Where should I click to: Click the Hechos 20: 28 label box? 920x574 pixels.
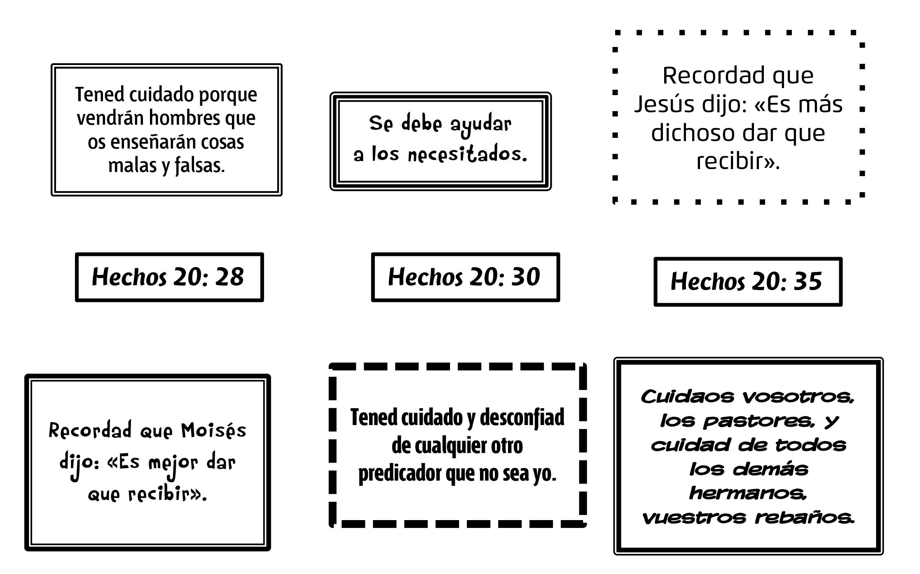[169, 277]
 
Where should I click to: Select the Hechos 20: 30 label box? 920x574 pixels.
[465, 277]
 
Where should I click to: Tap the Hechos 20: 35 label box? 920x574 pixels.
[748, 281]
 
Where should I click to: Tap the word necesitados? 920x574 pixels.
[467, 155]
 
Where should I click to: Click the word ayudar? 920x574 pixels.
[480, 123]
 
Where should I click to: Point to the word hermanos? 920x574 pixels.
[748, 493]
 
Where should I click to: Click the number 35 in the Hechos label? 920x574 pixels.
[808, 282]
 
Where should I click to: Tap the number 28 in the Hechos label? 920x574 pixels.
[229, 277]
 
